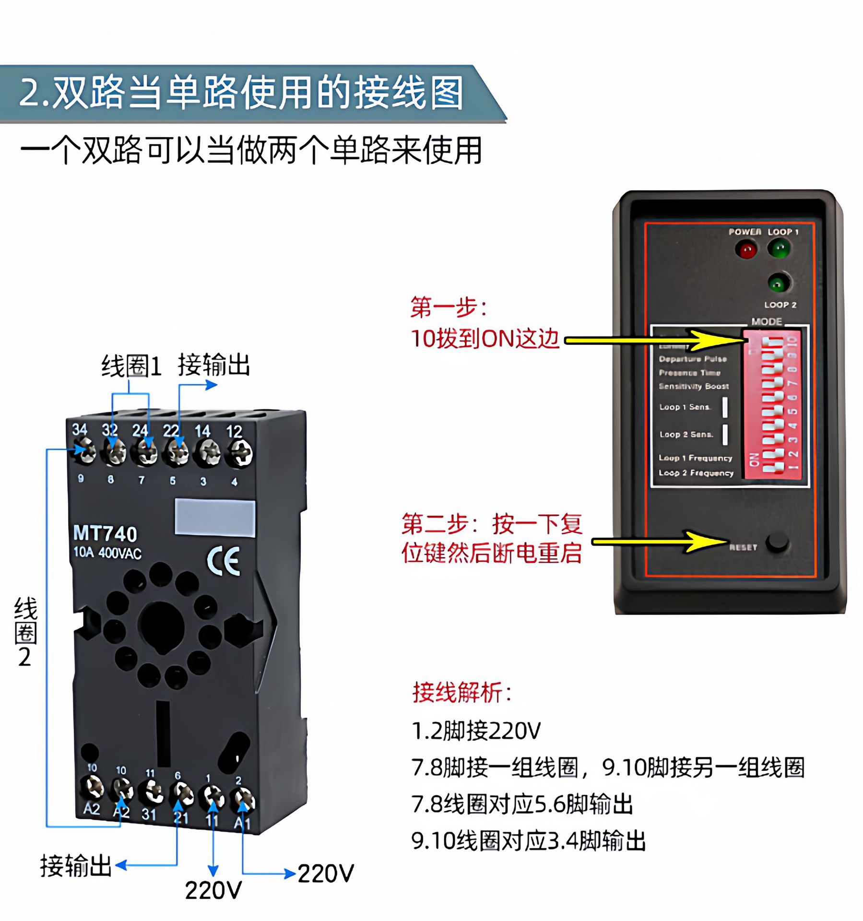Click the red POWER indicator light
click(x=746, y=250)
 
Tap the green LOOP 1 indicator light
click(x=779, y=248)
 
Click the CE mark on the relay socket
click(x=223, y=560)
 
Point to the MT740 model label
click(x=105, y=533)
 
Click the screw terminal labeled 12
click(x=239, y=452)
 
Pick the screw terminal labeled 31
click(x=151, y=792)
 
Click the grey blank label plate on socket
click(x=214, y=517)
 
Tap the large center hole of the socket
click(x=161, y=627)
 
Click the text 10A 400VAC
click(x=107, y=553)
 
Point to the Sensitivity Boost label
click(x=693, y=386)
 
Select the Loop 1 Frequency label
click(x=695, y=458)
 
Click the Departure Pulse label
click(x=692, y=359)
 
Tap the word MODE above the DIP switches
click(x=766, y=321)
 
